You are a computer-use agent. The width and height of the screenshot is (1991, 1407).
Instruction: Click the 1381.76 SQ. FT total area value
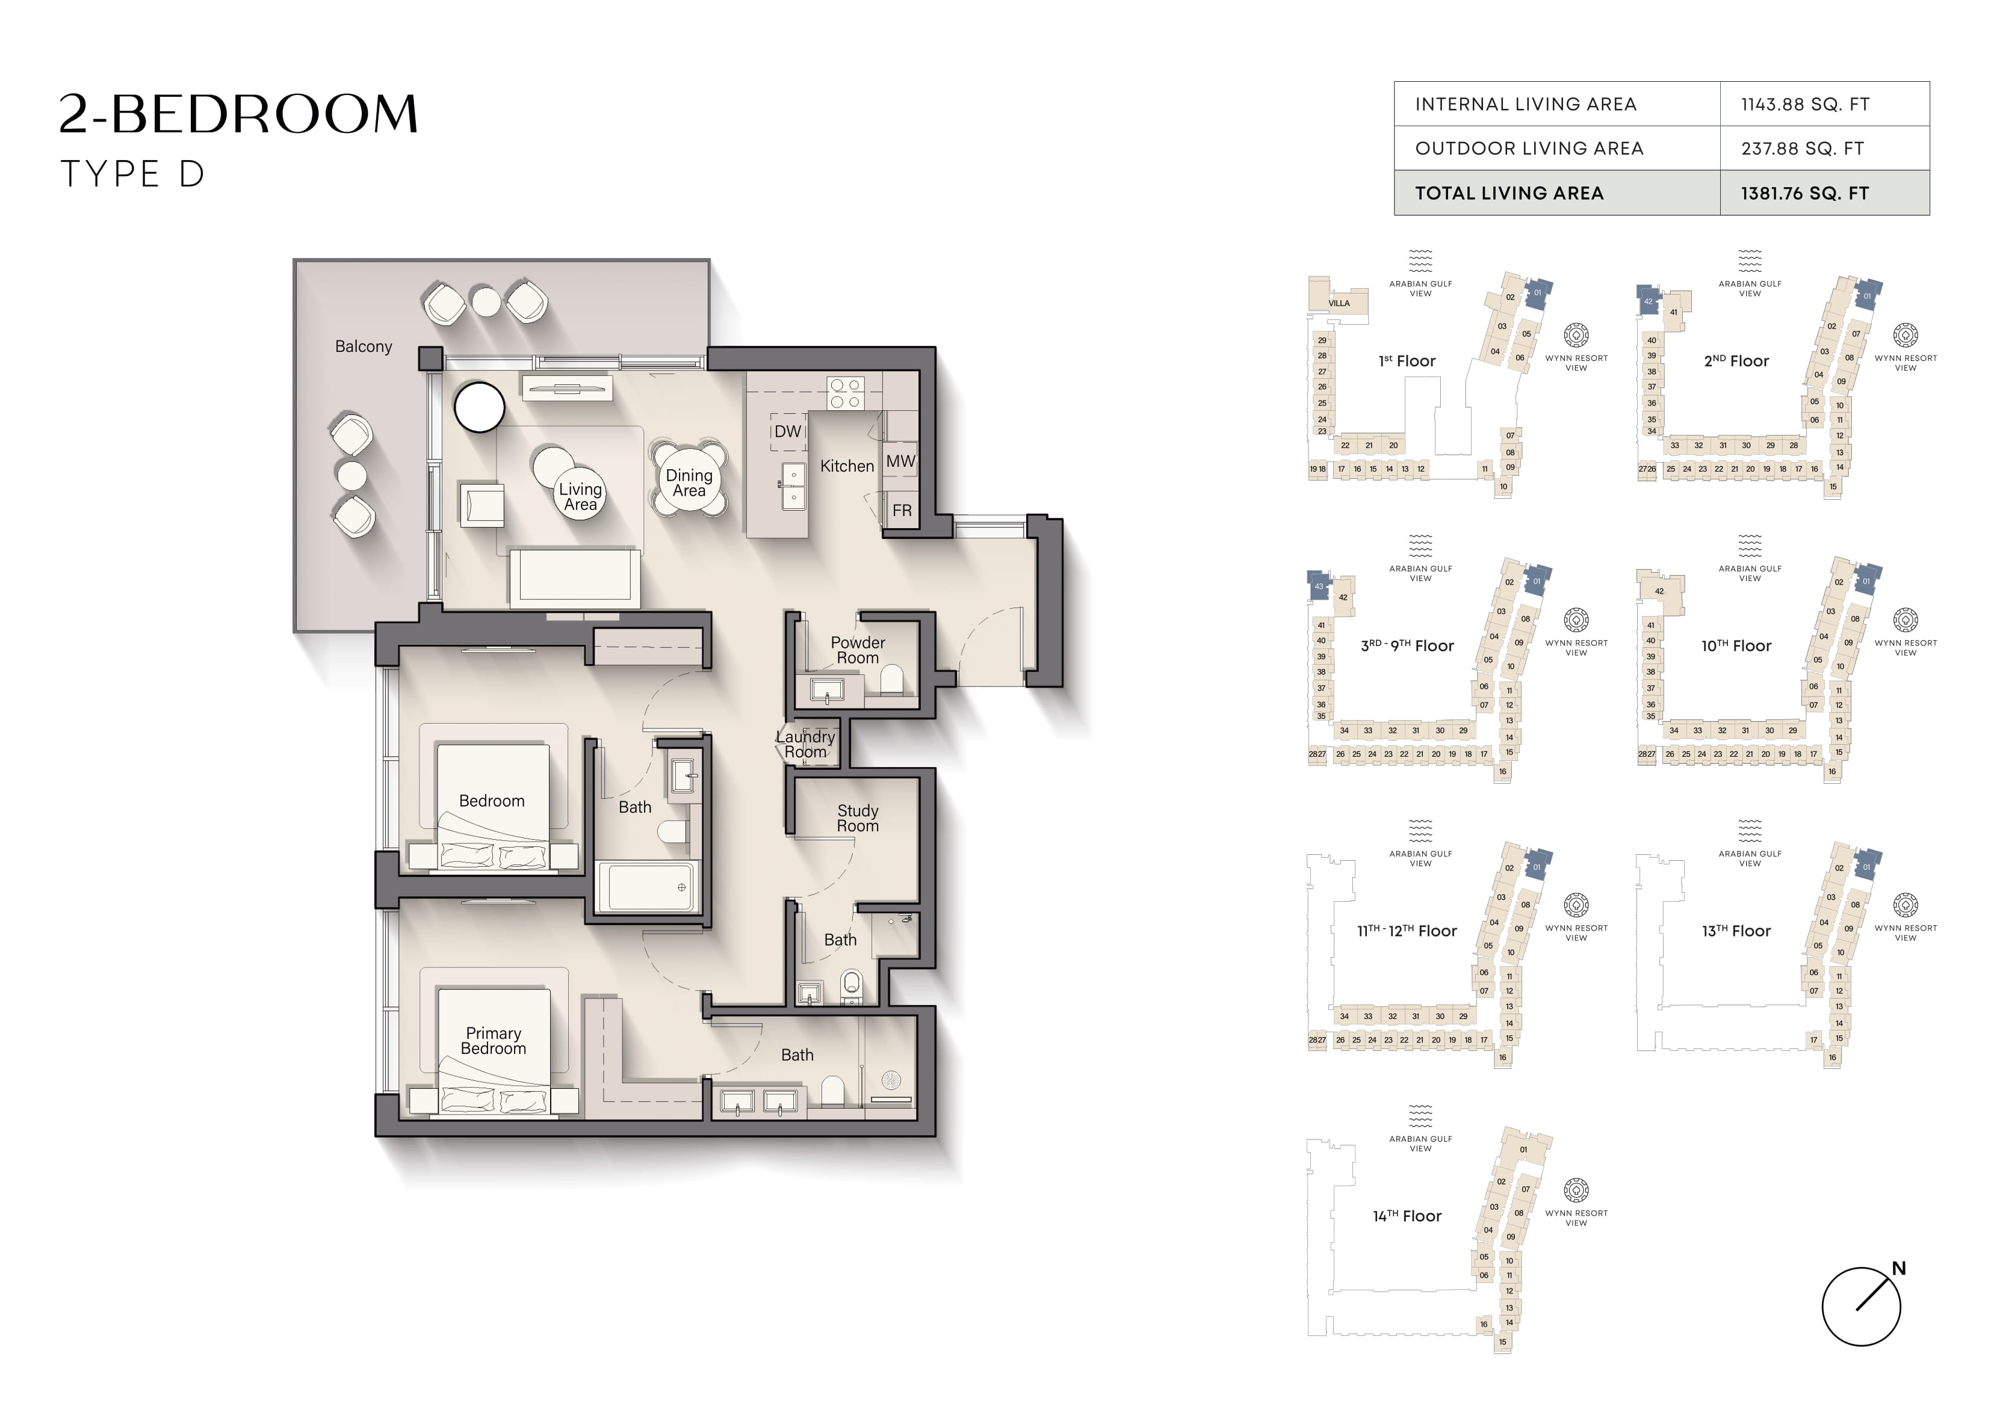pos(1804,193)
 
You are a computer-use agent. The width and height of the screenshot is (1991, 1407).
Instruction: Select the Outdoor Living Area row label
pos(1530,148)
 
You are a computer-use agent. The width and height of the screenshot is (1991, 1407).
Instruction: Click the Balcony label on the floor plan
pos(364,346)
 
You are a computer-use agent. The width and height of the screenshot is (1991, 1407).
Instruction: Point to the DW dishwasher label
pos(787,431)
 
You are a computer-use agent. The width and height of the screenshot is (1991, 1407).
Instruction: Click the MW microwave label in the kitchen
pos(900,461)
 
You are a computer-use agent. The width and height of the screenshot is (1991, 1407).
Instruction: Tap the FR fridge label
pos(902,511)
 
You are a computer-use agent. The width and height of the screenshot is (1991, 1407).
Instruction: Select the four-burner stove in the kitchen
pos(846,393)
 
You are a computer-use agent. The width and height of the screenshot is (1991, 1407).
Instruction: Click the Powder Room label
pos(858,650)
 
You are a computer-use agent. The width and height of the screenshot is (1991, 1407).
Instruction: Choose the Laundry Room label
pos(805,744)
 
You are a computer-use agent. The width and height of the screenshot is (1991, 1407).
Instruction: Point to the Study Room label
pos(858,817)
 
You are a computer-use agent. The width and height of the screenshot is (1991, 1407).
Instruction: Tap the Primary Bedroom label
pos(494,1040)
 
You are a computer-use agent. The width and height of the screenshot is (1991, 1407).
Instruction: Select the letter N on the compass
pos(1899,1267)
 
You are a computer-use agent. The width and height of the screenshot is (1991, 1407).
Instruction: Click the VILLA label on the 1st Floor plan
pos(1339,303)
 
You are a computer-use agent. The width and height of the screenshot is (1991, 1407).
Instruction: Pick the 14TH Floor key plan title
pos(1407,1216)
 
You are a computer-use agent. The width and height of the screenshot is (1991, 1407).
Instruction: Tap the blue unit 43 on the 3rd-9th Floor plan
pos(1318,585)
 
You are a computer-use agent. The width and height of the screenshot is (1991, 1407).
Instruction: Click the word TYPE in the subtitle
pos(110,174)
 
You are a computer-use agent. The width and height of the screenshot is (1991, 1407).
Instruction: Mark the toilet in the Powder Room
pos(891,680)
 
